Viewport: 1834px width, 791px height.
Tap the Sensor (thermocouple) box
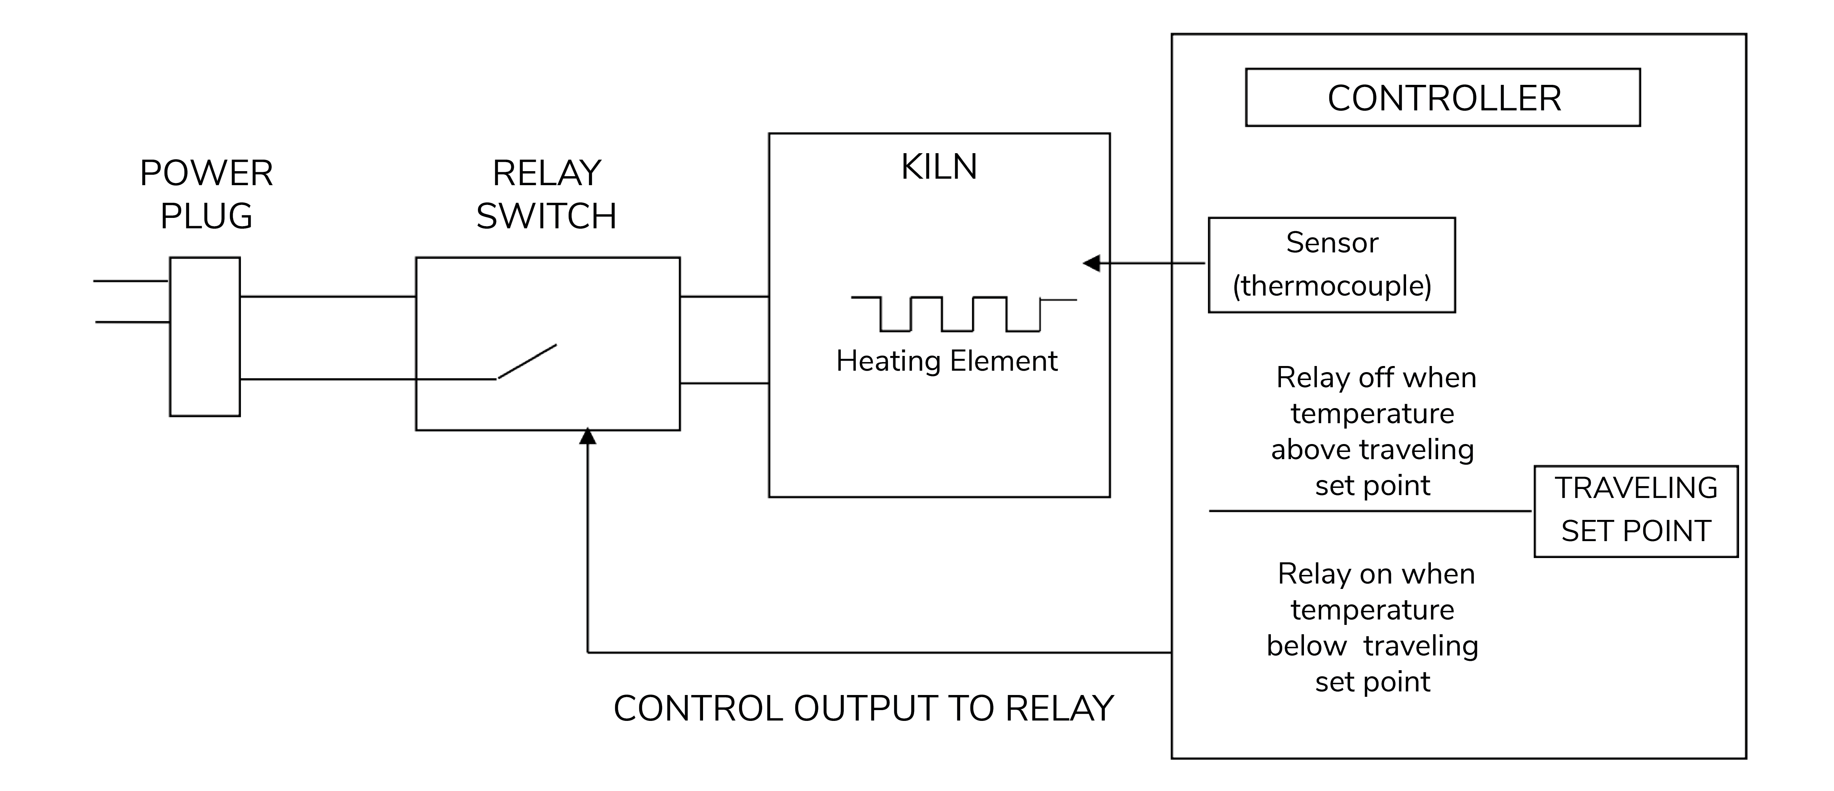(x=1331, y=265)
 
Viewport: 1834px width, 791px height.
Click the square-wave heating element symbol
(x=961, y=314)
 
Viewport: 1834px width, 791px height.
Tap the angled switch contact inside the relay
(x=527, y=362)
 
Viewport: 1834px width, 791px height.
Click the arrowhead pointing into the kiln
(x=1091, y=264)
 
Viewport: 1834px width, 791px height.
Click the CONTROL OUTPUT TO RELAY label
(x=863, y=708)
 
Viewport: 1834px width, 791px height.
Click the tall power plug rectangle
(x=205, y=337)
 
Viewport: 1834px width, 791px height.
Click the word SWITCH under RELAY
(x=546, y=216)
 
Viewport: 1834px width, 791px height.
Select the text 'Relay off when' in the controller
(x=1375, y=378)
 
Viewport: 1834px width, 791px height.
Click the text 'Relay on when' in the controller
(x=1375, y=574)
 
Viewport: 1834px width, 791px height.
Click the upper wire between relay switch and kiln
(x=724, y=296)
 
